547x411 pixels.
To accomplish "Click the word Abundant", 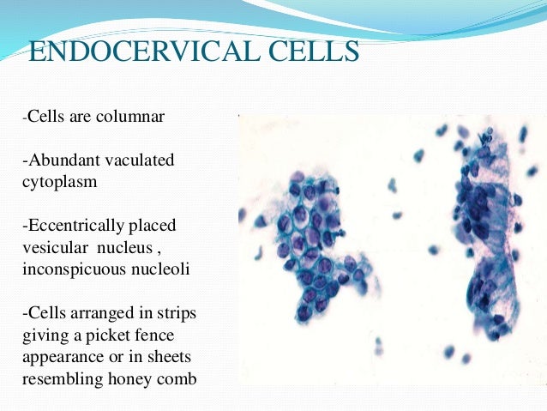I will (61, 160).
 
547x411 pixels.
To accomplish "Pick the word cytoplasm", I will (57, 182).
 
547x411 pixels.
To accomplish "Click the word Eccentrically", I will (75, 225).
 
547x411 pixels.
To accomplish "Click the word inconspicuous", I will (74, 268).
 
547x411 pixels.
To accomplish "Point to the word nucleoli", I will (164, 268).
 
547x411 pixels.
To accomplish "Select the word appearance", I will (61, 355).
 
